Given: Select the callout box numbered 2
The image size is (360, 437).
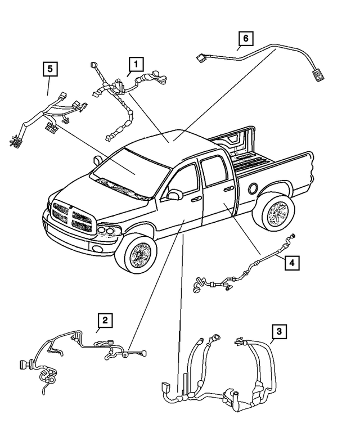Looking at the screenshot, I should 105,320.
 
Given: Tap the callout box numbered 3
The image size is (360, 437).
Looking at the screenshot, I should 279,331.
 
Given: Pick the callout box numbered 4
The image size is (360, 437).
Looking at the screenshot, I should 291,262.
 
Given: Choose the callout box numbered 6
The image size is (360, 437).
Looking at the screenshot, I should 245,39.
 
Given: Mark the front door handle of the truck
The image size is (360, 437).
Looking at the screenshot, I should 196,199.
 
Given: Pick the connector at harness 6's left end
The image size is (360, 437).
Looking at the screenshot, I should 200,56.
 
